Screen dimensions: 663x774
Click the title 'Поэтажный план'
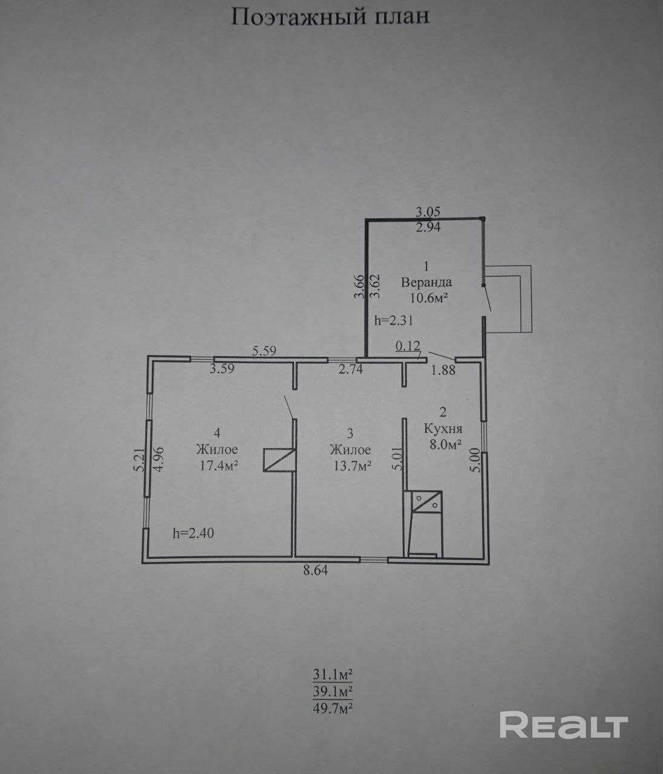pyautogui.click(x=330, y=17)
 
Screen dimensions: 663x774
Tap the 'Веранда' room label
pyautogui.click(x=426, y=282)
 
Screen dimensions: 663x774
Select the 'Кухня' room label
pyautogui.click(x=443, y=428)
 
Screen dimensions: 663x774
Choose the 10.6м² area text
pyautogui.click(x=429, y=299)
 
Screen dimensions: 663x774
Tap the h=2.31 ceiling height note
pyautogui.click(x=394, y=320)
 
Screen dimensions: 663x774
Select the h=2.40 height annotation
pyautogui.click(x=194, y=533)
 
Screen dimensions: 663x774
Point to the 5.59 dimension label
pyautogui.click(x=264, y=351)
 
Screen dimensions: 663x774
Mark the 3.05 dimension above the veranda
pyautogui.click(x=428, y=212)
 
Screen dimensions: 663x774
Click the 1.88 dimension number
pyautogui.click(x=443, y=370)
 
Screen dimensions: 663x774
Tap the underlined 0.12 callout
pyautogui.click(x=408, y=346)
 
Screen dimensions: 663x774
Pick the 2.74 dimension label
pyautogui.click(x=351, y=369)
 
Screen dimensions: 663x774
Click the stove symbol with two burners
pyautogui.click(x=426, y=502)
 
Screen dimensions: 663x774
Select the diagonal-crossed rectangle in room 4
pyautogui.click(x=279, y=460)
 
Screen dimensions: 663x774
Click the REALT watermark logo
pyautogui.click(x=564, y=724)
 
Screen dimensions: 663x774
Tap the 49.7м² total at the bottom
pyautogui.click(x=333, y=708)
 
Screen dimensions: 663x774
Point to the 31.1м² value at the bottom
pyautogui.click(x=333, y=675)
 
